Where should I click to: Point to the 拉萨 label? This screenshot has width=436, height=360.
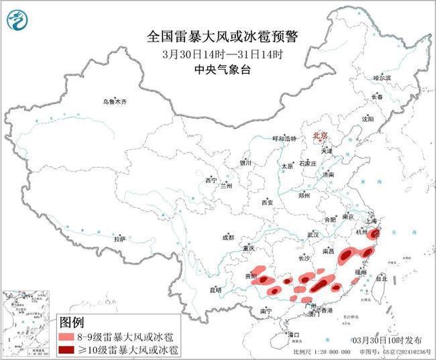(119, 239)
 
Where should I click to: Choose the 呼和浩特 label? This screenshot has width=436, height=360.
(283, 138)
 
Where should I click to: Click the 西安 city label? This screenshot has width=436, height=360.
(268, 202)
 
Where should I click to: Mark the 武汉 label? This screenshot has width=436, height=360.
(313, 235)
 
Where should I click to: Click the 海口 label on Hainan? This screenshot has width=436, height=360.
(292, 333)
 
